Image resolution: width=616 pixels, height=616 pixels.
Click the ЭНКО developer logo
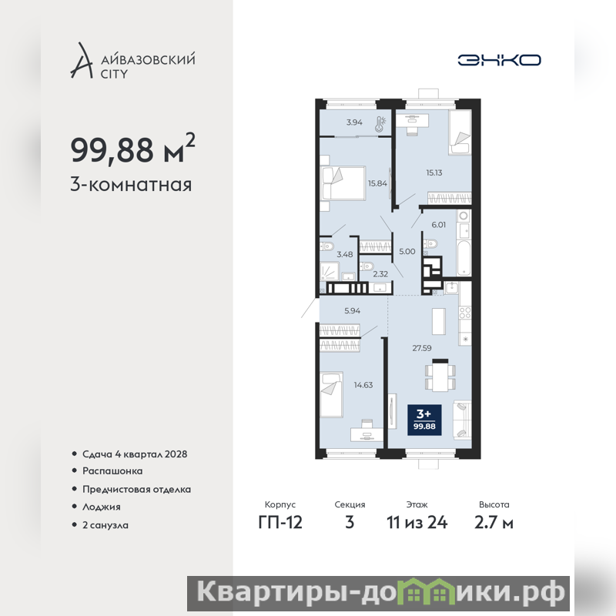click(499, 60)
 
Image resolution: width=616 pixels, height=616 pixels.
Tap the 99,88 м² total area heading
click(132, 149)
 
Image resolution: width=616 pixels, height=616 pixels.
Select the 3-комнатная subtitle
click(131, 185)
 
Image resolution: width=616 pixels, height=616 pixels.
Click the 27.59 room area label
click(421, 348)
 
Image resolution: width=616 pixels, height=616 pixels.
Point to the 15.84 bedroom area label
click(377, 183)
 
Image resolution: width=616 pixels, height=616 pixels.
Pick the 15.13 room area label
click(434, 172)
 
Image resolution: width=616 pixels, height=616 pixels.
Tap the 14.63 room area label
click(363, 385)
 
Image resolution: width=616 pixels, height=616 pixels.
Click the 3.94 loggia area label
click(354, 122)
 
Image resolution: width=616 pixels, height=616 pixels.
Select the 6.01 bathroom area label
click(438, 225)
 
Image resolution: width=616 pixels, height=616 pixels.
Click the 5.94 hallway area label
click(352, 311)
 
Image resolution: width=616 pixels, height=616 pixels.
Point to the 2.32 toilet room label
click(380, 274)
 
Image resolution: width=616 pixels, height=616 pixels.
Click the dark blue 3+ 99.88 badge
click(424, 420)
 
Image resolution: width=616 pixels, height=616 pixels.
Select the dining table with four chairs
click(440, 376)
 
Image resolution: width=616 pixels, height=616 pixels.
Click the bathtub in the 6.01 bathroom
click(464, 258)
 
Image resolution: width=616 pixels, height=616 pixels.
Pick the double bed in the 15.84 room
click(343, 183)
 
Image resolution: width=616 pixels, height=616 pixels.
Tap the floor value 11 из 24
click(417, 523)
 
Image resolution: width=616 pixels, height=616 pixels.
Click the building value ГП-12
click(280, 523)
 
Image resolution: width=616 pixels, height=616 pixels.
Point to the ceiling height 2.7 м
click(494, 523)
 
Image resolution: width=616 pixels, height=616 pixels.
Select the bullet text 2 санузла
click(105, 525)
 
